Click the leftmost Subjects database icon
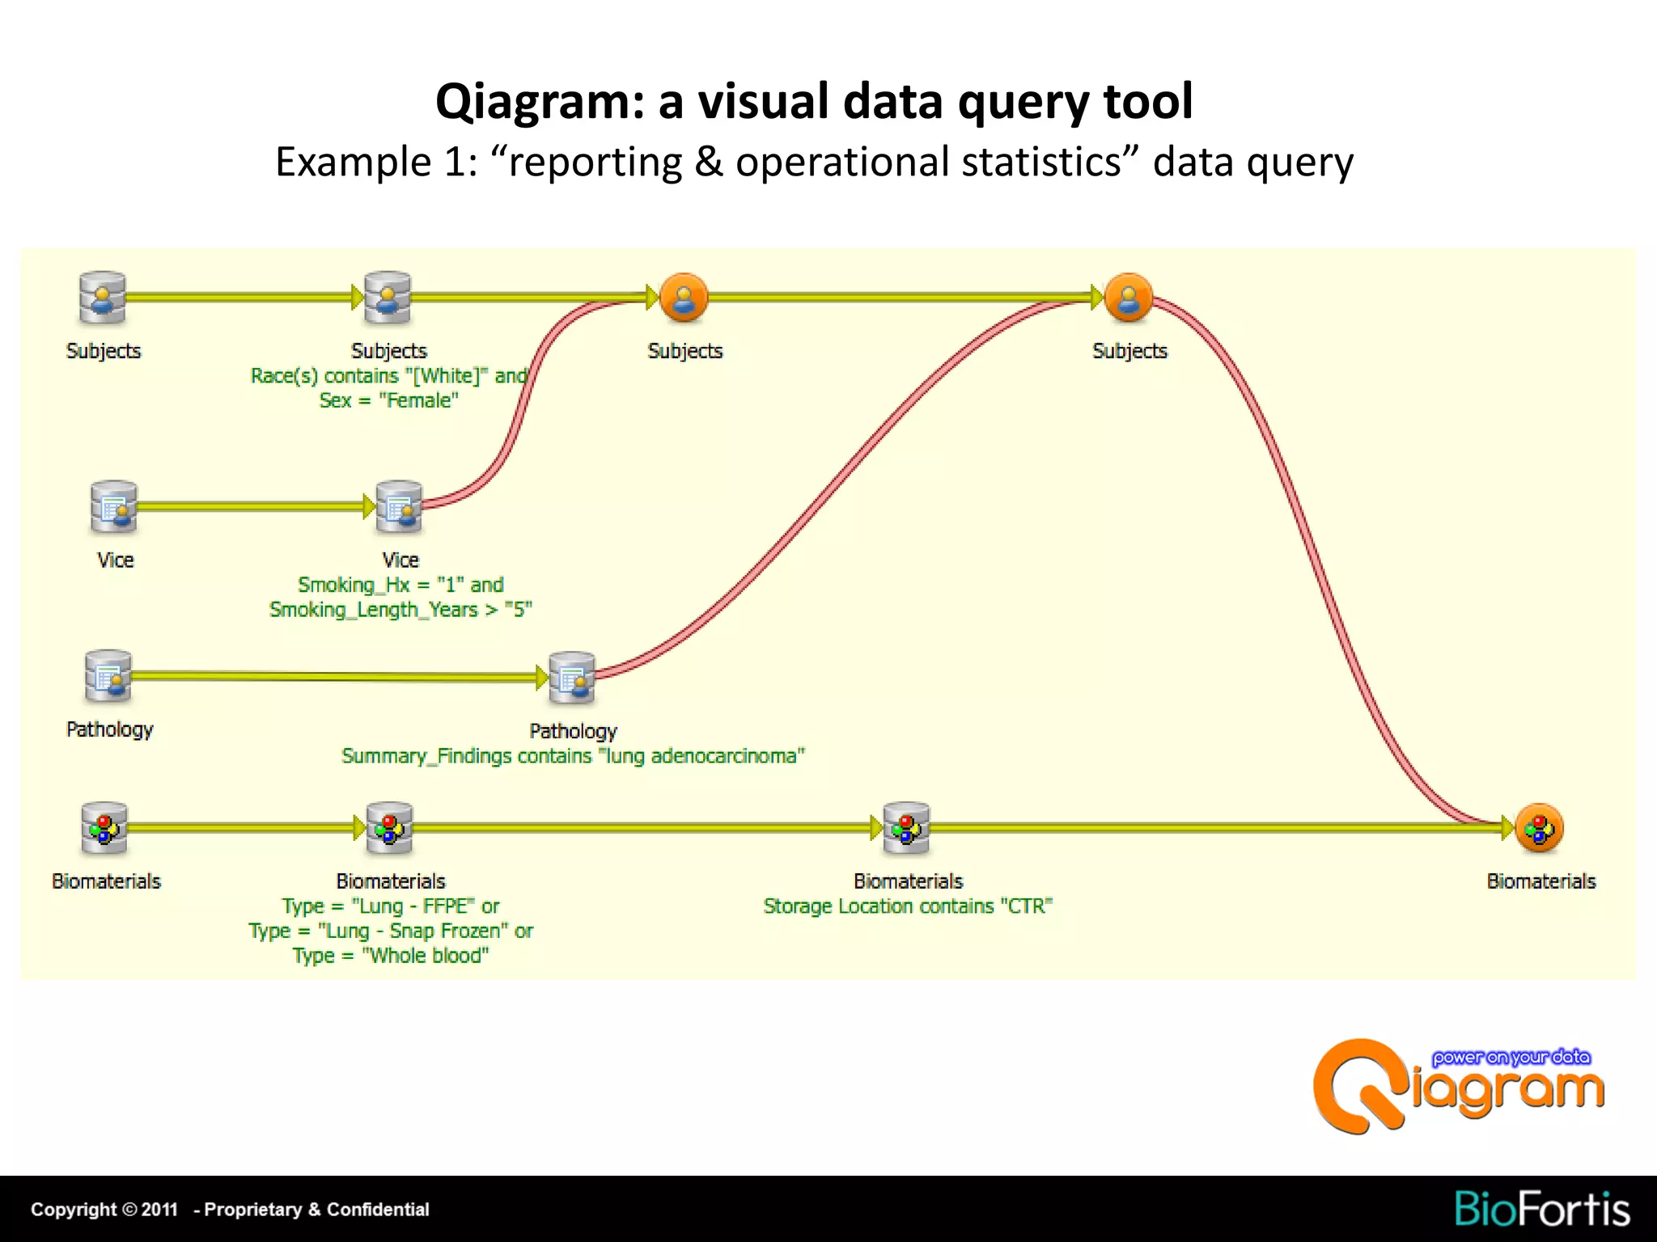103,298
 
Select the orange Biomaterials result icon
1539,828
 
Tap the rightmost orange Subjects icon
1129,298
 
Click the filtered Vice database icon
399,507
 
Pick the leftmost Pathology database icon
108,676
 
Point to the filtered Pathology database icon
572,678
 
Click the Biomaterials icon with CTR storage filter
906,828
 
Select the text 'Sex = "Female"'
388,400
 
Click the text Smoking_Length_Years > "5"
400,610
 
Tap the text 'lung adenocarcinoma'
702,756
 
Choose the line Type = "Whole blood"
391,956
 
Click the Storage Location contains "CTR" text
908,906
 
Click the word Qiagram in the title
540,102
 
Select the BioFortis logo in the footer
1541,1210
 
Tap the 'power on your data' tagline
1511,1058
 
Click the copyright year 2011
159,1210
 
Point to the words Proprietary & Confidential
316,1210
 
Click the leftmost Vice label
115,560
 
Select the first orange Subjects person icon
684,298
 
